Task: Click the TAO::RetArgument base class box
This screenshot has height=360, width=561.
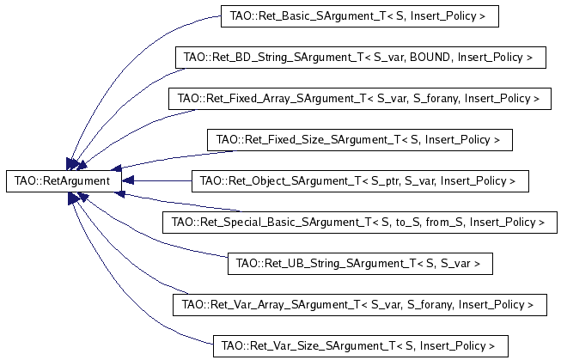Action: click(x=63, y=181)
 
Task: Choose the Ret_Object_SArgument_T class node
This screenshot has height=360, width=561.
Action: click(x=357, y=181)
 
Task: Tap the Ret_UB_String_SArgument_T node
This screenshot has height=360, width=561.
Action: click(x=358, y=263)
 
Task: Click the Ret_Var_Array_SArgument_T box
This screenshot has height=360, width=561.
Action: click(x=357, y=304)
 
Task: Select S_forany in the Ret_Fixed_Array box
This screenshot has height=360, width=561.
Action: click(x=433, y=99)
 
